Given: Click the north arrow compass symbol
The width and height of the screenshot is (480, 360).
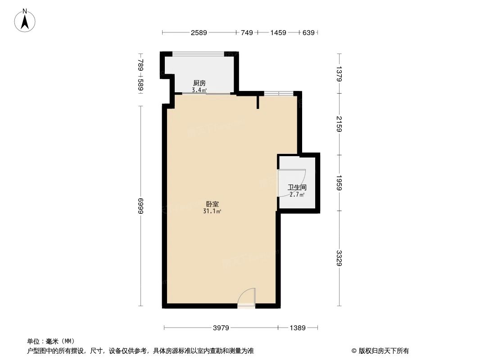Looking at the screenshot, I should coord(25,20).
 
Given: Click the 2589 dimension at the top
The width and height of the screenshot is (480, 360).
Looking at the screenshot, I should coord(199,32).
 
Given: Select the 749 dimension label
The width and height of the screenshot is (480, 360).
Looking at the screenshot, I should coord(247,32).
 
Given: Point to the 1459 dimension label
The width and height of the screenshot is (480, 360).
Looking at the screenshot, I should coord(278,32).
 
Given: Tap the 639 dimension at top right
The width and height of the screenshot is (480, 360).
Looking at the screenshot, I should coord(308,32).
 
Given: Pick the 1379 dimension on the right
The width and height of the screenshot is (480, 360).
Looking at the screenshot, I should coord(339,73).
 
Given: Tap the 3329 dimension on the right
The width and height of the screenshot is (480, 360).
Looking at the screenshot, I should coord(339,258).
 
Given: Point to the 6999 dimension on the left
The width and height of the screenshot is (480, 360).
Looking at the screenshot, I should coord(140,206).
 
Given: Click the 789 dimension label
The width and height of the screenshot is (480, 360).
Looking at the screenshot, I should coord(140,66).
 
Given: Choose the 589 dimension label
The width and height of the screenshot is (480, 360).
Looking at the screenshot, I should coord(140,85).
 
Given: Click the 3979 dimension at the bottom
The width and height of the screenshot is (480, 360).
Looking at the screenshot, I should coord(221,328).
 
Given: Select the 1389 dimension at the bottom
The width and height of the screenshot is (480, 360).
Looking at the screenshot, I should coord(298,328).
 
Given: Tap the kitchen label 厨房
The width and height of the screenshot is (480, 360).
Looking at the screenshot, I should coord(199,83).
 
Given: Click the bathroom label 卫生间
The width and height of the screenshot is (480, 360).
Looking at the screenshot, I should coord(297,187).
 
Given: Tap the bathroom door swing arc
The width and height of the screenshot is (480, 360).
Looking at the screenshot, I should coord(293,182).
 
